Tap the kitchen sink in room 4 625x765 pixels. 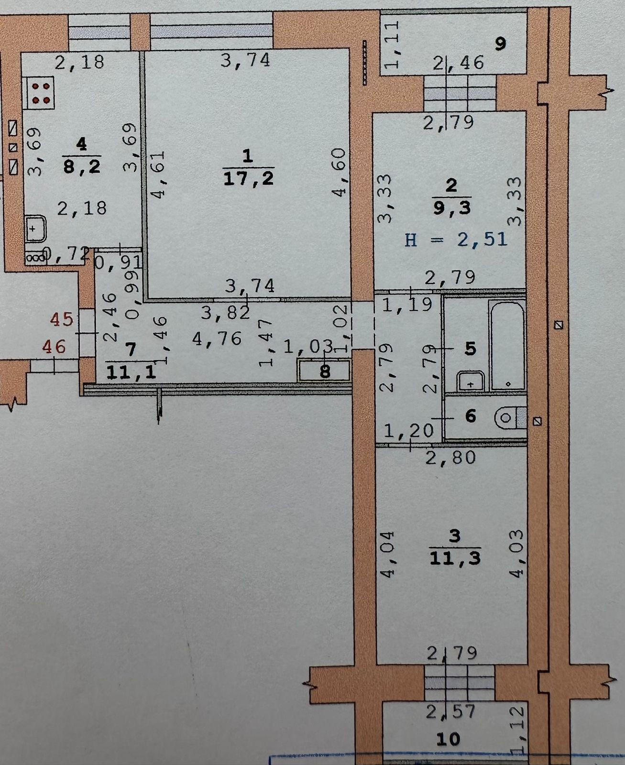point(35,230)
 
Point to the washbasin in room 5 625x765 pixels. point(471,382)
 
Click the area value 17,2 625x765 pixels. point(248,179)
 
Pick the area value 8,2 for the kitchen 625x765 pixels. point(82,166)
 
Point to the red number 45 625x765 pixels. point(62,319)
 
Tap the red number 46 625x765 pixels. point(54,346)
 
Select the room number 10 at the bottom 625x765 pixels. point(448,739)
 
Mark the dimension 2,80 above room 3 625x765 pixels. point(451,458)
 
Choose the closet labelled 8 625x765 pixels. point(325,371)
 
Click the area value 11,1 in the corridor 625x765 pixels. point(132,372)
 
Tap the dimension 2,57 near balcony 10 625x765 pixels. point(451,711)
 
